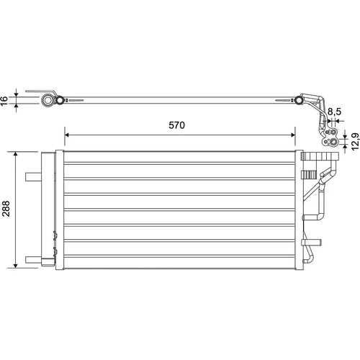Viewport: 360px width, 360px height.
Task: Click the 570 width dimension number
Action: click(x=176, y=125)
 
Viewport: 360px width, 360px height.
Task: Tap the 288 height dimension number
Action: click(x=6, y=209)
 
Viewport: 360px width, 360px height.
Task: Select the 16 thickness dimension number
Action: click(x=4, y=101)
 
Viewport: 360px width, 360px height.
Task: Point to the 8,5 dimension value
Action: click(x=334, y=112)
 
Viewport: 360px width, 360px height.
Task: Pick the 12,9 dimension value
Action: click(x=356, y=142)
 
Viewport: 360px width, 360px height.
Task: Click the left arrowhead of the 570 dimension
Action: click(x=66, y=135)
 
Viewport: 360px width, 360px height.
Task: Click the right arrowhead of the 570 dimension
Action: click(x=293, y=135)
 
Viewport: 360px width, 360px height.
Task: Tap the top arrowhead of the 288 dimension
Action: click(x=16, y=154)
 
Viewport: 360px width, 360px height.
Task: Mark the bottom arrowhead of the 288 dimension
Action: click(x=16, y=266)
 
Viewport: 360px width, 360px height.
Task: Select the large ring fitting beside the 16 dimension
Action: click(x=48, y=100)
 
